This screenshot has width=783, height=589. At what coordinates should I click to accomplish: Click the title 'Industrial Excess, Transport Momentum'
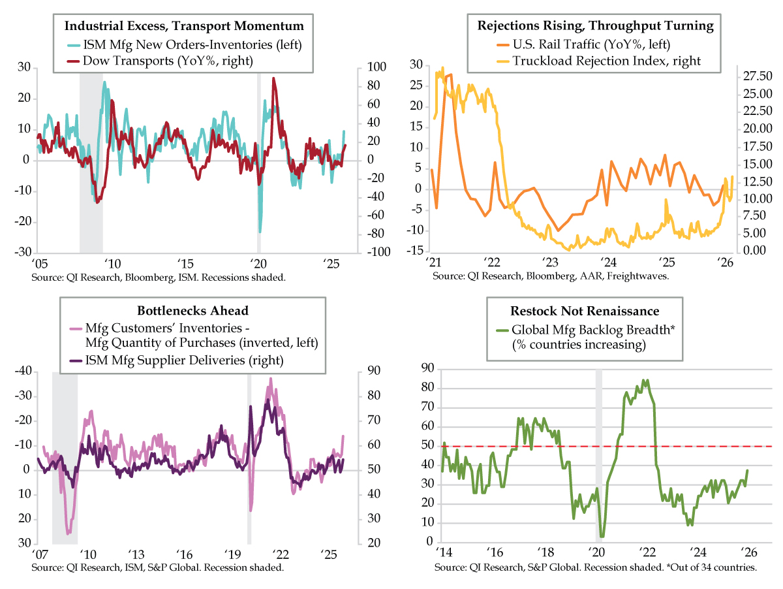(184, 27)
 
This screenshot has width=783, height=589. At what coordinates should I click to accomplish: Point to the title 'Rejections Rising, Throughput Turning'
(595, 26)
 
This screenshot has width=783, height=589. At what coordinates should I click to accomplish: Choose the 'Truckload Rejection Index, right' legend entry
(607, 61)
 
